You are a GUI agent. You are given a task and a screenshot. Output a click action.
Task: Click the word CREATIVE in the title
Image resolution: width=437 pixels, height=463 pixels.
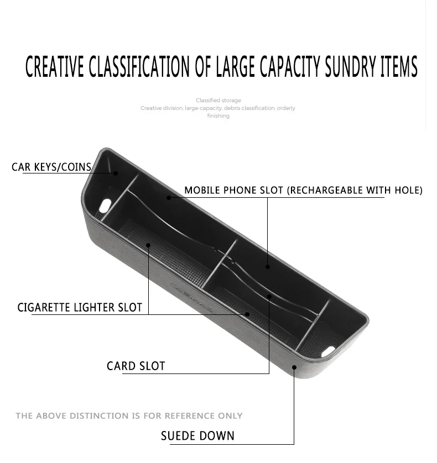(x=55, y=67)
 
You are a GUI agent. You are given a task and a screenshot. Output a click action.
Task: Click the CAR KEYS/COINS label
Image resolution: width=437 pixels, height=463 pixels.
(x=51, y=167)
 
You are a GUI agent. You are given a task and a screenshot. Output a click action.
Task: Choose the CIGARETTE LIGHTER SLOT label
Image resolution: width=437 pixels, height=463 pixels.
(x=80, y=307)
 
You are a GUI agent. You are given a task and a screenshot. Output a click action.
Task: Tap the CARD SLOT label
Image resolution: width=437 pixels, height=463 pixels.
(x=136, y=366)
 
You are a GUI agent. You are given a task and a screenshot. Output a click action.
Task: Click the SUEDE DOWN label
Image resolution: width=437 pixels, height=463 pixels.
(x=197, y=436)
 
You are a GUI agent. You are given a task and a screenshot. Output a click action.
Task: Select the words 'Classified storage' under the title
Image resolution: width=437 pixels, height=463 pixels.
(x=218, y=101)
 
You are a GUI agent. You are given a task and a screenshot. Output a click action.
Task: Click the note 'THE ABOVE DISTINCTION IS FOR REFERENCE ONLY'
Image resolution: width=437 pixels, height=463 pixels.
(x=129, y=415)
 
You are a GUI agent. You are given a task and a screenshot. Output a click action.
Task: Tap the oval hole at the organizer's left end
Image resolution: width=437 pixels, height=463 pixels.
(x=105, y=206)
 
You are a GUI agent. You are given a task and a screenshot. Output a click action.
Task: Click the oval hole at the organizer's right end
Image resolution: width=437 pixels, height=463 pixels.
(x=329, y=350)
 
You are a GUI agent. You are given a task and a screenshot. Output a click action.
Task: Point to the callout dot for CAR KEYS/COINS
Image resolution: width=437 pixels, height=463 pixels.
(x=116, y=173)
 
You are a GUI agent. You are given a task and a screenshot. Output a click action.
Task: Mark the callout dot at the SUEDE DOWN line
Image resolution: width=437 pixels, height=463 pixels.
(x=294, y=367)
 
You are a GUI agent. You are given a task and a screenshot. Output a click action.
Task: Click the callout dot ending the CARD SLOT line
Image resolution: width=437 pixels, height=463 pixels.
(x=269, y=296)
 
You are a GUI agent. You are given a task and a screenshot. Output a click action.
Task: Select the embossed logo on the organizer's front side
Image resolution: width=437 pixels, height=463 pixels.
(x=191, y=293)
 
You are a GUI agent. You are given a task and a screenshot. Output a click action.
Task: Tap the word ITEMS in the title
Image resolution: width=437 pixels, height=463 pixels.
(x=398, y=67)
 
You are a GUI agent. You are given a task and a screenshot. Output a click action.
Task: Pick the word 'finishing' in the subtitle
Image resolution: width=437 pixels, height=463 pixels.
(x=218, y=116)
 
